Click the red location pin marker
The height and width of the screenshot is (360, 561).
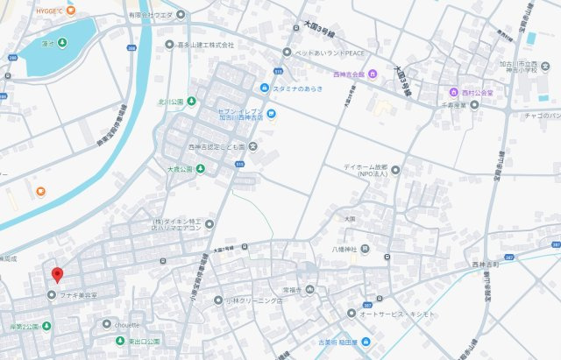click(x=57, y=274)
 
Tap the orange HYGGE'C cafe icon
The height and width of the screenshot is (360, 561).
click(x=71, y=11)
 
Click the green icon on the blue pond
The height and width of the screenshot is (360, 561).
click(x=63, y=43)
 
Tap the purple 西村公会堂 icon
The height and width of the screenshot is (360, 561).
click(x=454, y=92)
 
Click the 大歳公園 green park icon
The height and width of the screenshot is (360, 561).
click(x=201, y=169)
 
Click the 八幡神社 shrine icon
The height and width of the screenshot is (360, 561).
click(x=365, y=248)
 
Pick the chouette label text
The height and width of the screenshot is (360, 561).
click(x=127, y=323)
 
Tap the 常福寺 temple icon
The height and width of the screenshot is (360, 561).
click(x=309, y=290)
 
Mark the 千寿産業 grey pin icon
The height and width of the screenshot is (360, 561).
click(x=474, y=104)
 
